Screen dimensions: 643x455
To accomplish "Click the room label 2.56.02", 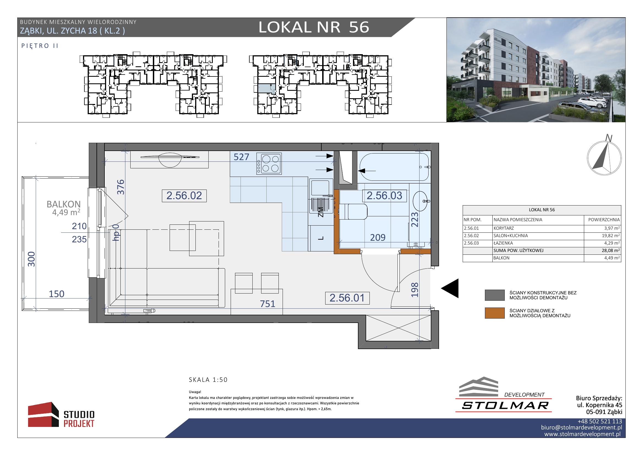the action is [x=184, y=196].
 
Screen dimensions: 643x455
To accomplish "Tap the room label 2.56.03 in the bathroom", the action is [x=384, y=196].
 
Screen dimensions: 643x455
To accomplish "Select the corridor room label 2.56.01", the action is [x=347, y=298].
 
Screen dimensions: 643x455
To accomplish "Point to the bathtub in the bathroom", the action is [x=394, y=167].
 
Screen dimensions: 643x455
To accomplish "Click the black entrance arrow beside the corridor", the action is [x=450, y=288].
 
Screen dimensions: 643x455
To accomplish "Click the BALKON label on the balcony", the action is [x=64, y=204].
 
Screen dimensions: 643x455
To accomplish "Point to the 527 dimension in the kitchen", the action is [x=241, y=157].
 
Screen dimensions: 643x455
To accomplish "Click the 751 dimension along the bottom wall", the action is [x=268, y=304].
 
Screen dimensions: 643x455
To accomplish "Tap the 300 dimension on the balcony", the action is [x=32, y=259].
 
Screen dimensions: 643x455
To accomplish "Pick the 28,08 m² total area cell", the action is [x=611, y=251].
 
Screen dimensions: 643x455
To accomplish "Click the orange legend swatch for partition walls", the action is [x=495, y=313].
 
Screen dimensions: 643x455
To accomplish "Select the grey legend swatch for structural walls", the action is [x=495, y=295].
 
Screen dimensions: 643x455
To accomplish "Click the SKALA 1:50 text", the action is [x=208, y=380].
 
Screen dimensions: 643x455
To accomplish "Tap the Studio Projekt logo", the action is [x=61, y=415].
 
